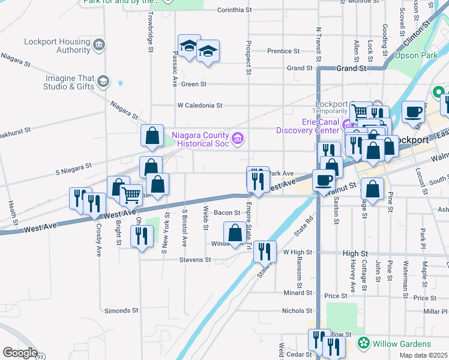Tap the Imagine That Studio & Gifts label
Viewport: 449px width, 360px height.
tap(69, 82)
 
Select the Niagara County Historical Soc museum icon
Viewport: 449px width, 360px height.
tap(238, 139)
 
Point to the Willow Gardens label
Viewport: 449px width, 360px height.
tap(401, 344)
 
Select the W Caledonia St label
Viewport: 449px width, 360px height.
tap(200, 105)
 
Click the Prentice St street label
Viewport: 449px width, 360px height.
tap(283, 52)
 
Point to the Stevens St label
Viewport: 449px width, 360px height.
tap(195, 260)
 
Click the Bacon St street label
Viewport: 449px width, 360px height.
tap(227, 212)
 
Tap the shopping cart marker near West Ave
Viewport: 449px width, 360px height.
tap(131, 194)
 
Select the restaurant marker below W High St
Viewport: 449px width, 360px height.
tap(265, 251)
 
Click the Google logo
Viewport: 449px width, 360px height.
tap(20, 353)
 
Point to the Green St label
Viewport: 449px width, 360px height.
tap(194, 84)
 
